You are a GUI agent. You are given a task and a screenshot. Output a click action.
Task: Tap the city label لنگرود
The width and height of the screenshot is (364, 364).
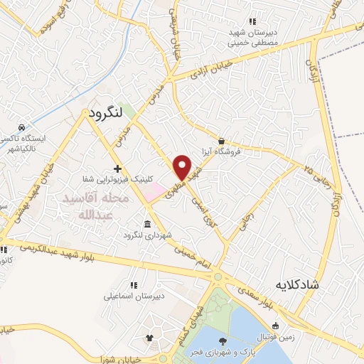(x=107, y=113)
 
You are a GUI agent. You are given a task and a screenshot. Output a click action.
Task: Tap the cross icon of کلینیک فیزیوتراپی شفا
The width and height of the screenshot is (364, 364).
(x=118, y=169)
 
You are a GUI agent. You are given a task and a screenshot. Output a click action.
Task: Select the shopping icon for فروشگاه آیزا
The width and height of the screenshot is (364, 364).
(x=222, y=141)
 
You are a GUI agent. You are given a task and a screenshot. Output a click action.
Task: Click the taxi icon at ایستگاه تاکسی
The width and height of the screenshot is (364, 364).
(x=23, y=127)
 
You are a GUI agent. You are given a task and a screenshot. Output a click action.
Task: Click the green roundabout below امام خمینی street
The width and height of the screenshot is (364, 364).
(x=219, y=277)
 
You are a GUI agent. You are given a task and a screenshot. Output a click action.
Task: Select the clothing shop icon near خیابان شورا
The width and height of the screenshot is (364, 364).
(x=149, y=337)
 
